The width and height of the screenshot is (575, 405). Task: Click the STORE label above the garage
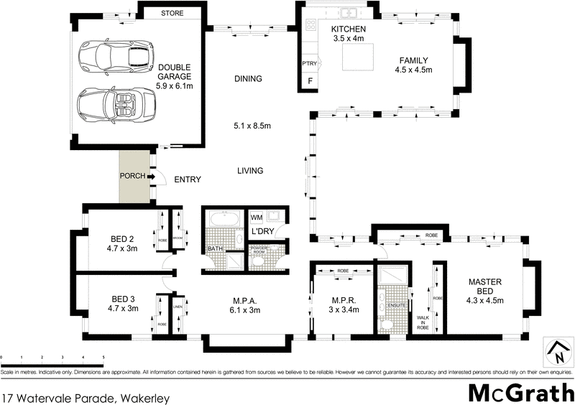tap(172, 13)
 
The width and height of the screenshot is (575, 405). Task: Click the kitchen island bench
tap(359, 56)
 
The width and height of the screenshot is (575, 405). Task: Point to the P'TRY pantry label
tap(310, 64)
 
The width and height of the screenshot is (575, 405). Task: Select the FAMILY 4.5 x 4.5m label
tap(411, 65)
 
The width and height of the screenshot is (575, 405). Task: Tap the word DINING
tap(248, 79)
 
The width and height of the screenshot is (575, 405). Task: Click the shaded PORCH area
tap(134, 176)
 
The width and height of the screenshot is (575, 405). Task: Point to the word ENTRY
tap(187, 180)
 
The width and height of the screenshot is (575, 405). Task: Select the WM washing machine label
tap(257, 217)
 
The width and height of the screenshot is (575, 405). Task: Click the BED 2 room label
tap(121, 243)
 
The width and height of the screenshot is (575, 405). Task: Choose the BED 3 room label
tap(121, 304)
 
